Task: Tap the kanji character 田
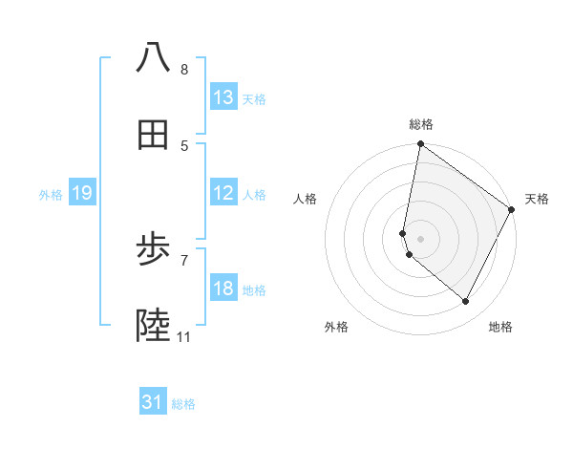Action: (x=153, y=136)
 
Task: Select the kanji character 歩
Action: (x=153, y=250)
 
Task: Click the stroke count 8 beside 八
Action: (x=184, y=70)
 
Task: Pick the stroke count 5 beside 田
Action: (x=184, y=146)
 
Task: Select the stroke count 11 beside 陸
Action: (x=184, y=337)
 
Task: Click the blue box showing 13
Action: (x=223, y=97)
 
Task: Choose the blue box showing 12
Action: (x=223, y=193)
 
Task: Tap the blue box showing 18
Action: (x=223, y=289)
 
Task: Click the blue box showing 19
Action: (x=81, y=193)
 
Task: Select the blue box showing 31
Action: (x=153, y=402)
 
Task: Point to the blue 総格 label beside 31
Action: (x=183, y=404)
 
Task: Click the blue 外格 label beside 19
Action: (x=51, y=195)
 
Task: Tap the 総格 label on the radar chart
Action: (x=420, y=124)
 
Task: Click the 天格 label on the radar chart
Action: (x=537, y=199)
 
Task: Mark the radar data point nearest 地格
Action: (x=466, y=302)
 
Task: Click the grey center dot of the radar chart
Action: (x=420, y=238)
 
